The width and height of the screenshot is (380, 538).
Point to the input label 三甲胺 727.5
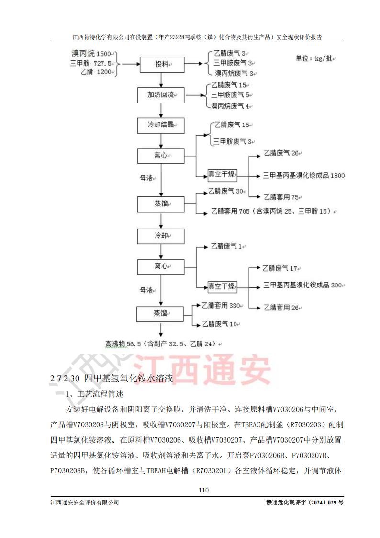pos(91,63)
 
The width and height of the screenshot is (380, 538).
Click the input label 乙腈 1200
pos(98,72)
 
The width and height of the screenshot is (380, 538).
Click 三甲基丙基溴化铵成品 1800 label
pos(303,175)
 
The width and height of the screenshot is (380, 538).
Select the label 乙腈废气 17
pos(281,268)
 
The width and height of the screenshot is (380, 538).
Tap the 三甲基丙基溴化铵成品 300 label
pos(303,285)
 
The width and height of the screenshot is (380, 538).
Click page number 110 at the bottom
pos(203,490)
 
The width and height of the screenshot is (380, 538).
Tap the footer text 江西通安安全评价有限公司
pos(85,502)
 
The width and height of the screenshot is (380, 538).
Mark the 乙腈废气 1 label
pos(227,247)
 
